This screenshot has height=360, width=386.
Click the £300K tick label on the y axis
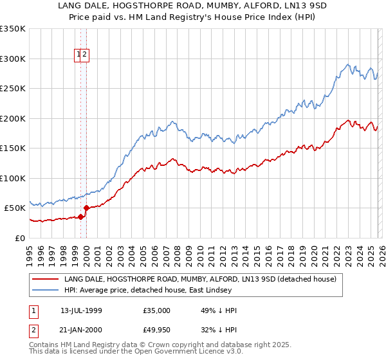point(13,59)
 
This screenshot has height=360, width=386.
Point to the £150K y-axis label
point(13,148)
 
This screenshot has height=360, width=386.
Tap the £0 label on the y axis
point(21,238)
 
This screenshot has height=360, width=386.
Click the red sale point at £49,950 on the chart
point(87,208)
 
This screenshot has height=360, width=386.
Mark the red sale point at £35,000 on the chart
point(80,217)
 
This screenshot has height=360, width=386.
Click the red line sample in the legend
point(46,279)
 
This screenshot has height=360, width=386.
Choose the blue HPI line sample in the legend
point(46,290)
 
